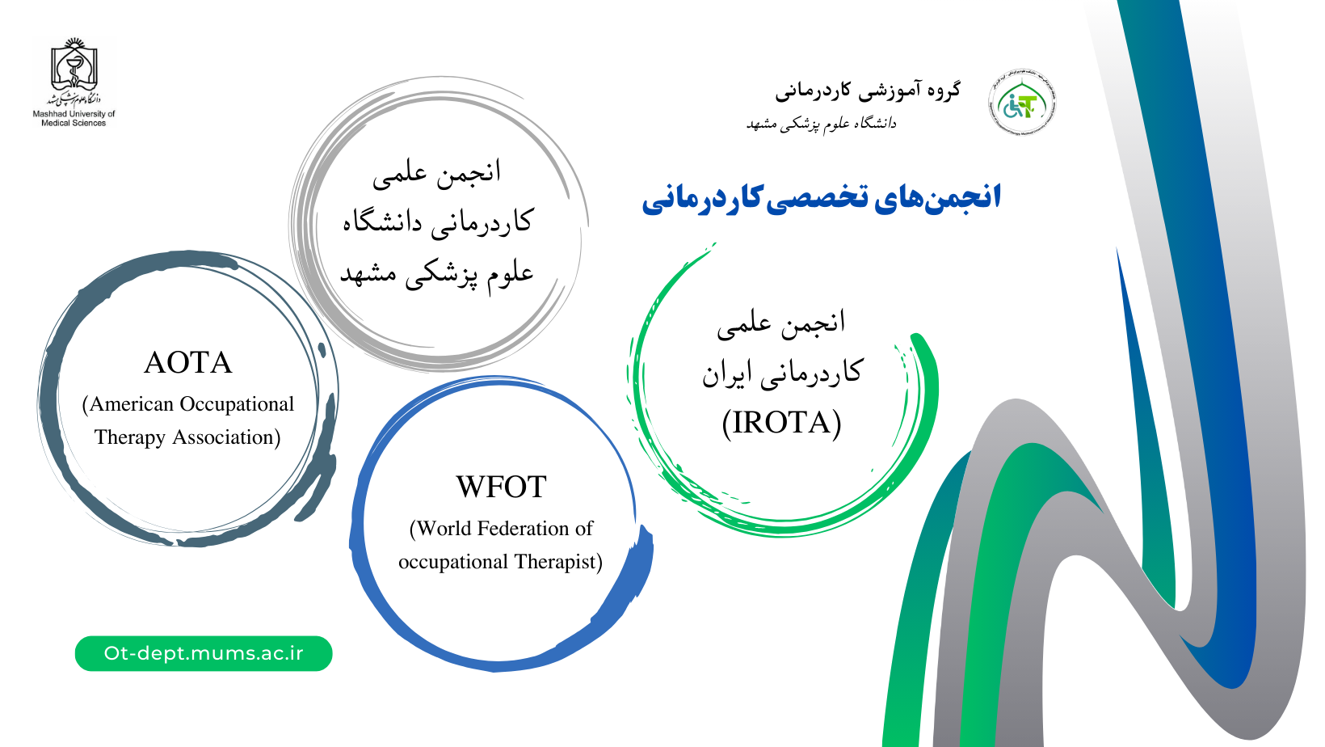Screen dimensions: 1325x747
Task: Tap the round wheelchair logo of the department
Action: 1022,103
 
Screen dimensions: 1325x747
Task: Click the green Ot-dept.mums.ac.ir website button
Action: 204,653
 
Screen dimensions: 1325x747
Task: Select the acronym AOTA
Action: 188,363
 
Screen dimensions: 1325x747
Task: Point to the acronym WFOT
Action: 501,487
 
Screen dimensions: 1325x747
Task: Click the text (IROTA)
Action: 781,423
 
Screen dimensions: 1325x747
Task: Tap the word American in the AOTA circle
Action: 132,404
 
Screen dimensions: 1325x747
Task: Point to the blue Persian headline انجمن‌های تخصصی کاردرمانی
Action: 822,198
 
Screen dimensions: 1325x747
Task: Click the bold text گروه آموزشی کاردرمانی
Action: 869,91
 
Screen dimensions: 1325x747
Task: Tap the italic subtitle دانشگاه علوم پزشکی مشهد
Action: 822,124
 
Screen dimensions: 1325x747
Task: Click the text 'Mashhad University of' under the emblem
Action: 74,114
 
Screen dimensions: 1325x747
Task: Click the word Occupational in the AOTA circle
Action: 237,405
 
